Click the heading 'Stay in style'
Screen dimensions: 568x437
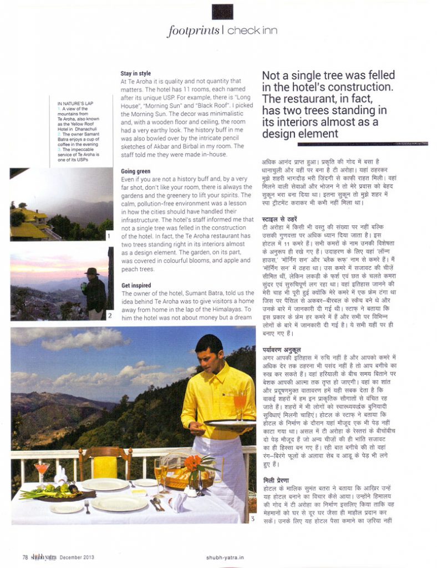[135, 73]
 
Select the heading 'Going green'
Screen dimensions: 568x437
[135, 171]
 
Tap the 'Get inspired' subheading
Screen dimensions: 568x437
[136, 286]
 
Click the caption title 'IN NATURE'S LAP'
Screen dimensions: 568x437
[74, 104]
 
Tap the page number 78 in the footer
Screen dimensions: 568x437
[25, 557]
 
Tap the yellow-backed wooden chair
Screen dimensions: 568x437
[105, 463]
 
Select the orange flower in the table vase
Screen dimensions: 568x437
[192, 461]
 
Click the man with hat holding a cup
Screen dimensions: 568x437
[93, 290]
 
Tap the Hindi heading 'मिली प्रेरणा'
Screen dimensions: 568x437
[277, 478]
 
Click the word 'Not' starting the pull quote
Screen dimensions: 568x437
[274, 76]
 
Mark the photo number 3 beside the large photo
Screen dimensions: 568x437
[252, 519]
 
